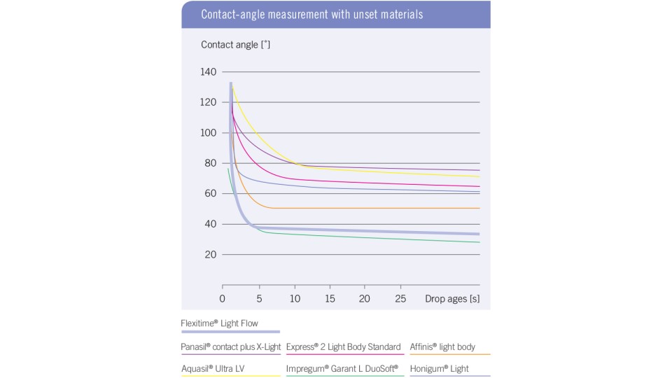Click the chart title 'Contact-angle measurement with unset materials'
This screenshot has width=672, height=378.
point(311,14)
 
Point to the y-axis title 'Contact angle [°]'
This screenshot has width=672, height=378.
point(236,45)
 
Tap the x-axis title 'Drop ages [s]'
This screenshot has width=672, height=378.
point(452,299)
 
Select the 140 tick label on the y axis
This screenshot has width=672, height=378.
point(209,72)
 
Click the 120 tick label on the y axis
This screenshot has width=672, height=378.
point(209,102)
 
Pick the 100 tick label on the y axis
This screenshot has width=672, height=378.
point(209,133)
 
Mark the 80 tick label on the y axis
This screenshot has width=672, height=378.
point(211,163)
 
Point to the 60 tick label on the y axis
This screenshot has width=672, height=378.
point(211,194)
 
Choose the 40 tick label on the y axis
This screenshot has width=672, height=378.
point(211,224)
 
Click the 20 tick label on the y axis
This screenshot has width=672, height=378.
point(211,255)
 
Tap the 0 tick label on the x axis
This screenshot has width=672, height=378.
point(223,299)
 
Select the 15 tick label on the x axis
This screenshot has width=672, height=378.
point(328,299)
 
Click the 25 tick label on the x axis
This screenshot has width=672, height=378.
point(400,299)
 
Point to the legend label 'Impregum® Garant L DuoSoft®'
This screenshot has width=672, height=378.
point(342,368)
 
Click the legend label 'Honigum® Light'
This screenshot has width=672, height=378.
point(440,368)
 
